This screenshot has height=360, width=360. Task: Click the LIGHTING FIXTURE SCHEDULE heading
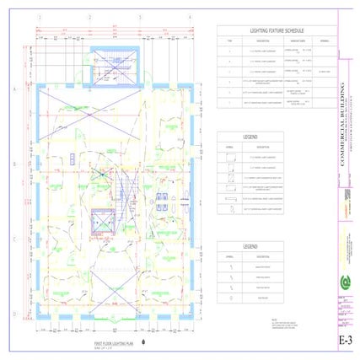click(277, 30)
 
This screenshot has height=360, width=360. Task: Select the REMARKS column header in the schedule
click(324, 40)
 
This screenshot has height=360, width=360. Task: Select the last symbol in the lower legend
click(228, 296)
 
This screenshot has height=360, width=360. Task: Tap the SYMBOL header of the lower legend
click(228, 255)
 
